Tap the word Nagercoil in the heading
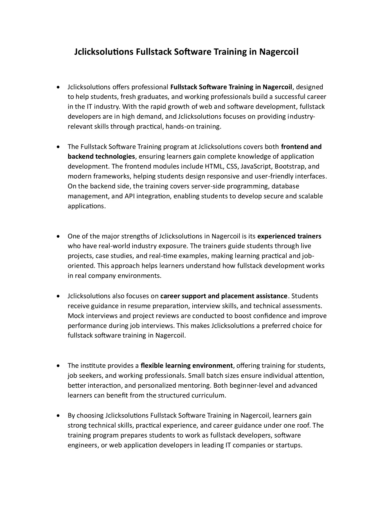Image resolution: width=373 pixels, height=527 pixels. click(279, 52)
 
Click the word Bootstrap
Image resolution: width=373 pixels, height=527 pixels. click(290, 166)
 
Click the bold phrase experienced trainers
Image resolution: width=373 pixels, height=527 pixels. click(289, 236)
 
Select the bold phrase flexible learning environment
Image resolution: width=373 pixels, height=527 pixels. click(186, 365)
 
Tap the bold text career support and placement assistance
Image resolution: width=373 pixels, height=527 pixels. click(224, 296)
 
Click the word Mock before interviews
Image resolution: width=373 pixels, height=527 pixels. click(76, 316)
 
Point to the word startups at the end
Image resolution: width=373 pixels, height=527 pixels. click(288, 445)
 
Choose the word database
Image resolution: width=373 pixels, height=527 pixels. click(285, 186)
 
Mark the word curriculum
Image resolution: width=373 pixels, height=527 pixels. click(208, 395)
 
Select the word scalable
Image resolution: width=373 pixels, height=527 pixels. click(310, 196)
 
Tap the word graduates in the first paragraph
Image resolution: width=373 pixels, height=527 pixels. click(152, 97)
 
